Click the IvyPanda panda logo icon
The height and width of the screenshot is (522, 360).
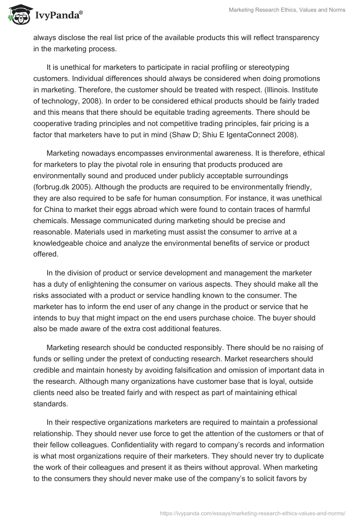[17, 15]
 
